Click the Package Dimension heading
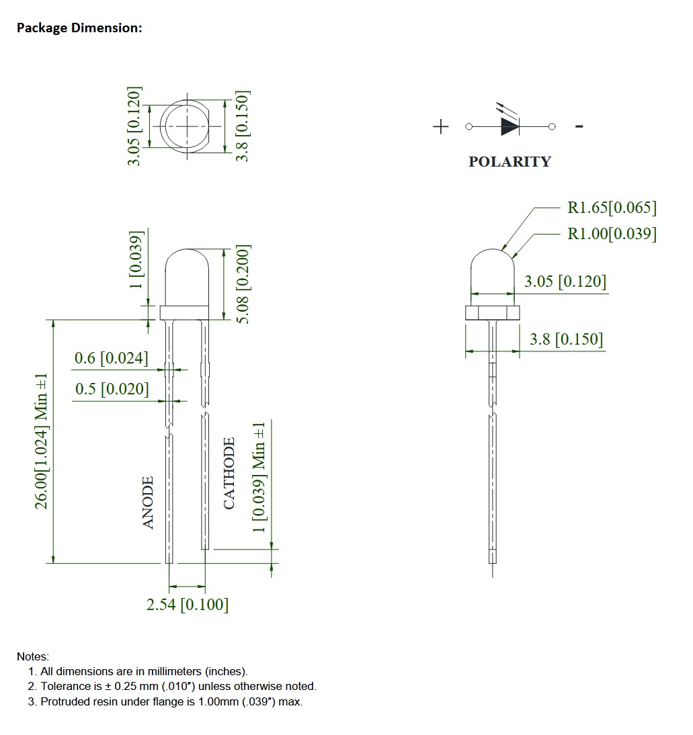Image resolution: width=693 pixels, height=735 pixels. click(79, 28)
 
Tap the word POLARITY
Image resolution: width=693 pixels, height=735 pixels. click(509, 162)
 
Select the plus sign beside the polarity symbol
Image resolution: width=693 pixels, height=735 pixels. click(441, 126)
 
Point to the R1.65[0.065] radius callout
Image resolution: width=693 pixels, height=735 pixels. click(612, 208)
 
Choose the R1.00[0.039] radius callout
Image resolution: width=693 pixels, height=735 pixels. click(612, 234)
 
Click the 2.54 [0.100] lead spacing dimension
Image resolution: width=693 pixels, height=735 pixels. click(188, 605)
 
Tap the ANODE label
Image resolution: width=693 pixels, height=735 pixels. click(149, 502)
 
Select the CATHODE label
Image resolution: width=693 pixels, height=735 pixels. click(229, 473)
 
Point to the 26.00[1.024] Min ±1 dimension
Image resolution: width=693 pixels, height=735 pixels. click(42, 441)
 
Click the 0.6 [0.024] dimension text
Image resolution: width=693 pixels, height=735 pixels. click(111, 358)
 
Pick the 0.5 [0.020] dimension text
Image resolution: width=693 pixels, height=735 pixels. click(112, 389)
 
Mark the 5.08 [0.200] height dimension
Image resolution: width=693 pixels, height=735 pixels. click(243, 282)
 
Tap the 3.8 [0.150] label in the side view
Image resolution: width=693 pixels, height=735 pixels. click(566, 339)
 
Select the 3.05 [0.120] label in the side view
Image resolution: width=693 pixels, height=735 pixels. click(565, 282)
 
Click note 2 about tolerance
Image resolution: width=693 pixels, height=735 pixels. click(177, 687)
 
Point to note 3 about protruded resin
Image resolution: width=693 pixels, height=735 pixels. click(171, 702)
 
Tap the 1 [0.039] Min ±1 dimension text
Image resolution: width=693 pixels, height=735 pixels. click(259, 477)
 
